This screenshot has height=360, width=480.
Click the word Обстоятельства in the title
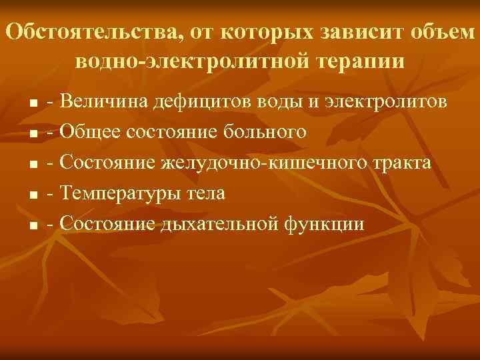[x=88, y=31]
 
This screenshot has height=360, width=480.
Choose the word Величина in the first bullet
[x=105, y=102]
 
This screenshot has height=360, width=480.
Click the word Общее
[x=89, y=133]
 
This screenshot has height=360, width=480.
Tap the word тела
[x=205, y=194]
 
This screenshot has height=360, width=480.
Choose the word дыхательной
[x=221, y=224]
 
